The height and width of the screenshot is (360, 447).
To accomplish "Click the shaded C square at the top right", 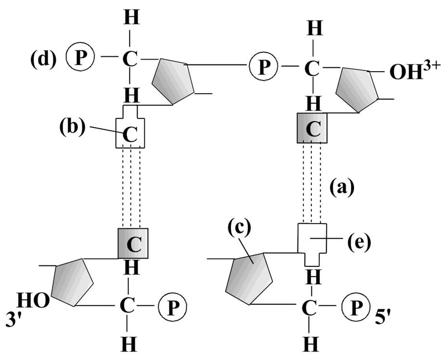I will click(312, 128).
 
